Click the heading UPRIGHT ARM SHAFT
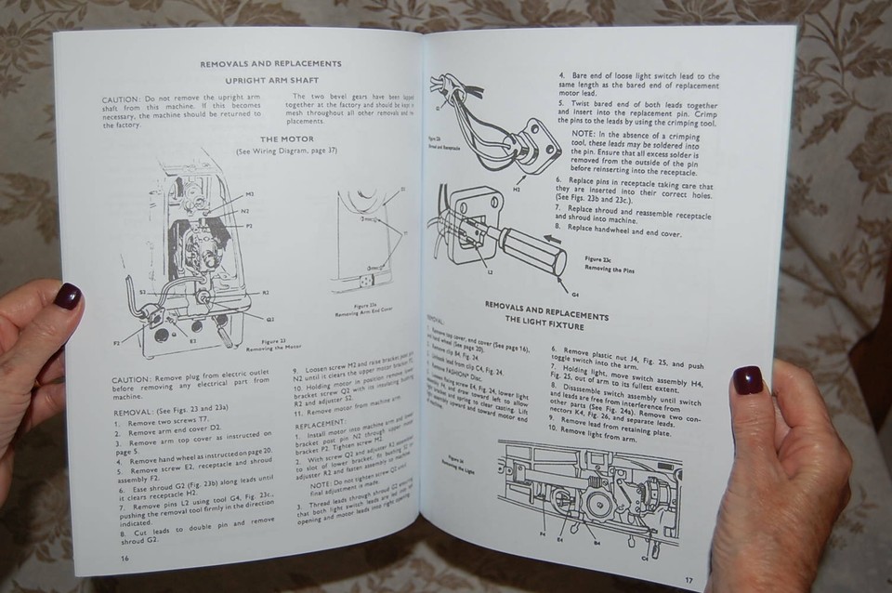(271, 82)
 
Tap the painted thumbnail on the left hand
(67, 296)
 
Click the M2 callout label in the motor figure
(248, 195)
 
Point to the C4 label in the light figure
(644, 558)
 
